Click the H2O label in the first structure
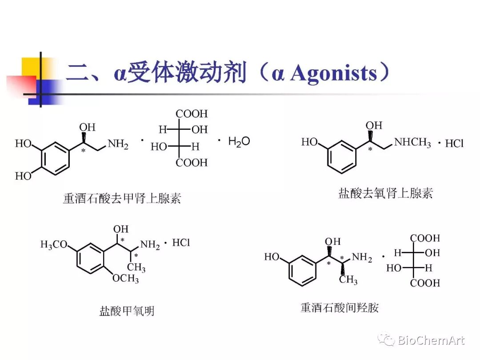point(239,142)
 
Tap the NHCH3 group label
point(412,142)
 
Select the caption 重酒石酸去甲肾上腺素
point(122,198)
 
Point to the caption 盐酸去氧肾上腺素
point(385,193)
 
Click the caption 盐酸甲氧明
point(127,311)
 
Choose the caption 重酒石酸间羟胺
point(340,308)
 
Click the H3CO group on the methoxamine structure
point(54,244)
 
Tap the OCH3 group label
point(125,279)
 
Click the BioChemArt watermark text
point(431,340)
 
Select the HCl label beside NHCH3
point(454,143)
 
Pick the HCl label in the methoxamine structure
point(181,243)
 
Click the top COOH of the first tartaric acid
point(192,114)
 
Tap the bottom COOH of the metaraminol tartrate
point(425,283)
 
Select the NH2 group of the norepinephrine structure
point(118,144)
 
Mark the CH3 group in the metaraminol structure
point(348,280)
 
